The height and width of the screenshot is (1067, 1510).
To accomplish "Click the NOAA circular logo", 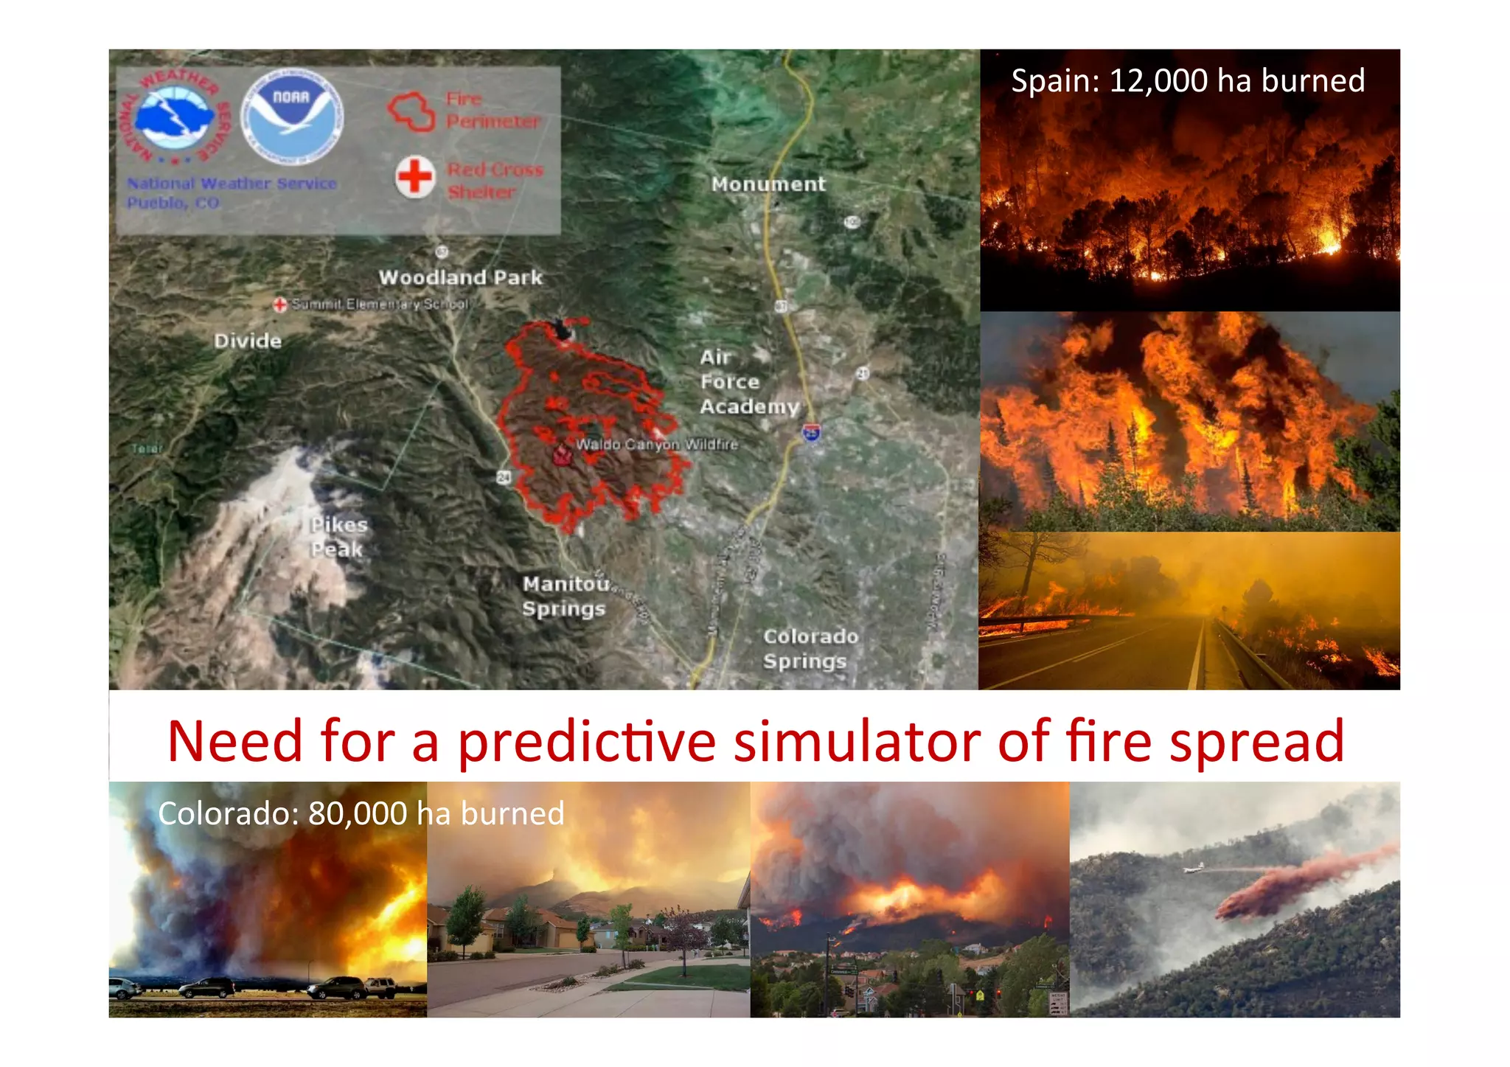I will pos(292,117).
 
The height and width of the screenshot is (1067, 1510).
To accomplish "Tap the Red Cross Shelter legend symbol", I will pos(415,177).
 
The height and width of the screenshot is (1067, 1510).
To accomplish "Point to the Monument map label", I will pos(768,184).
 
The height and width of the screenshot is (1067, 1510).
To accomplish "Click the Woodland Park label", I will pos(460,278).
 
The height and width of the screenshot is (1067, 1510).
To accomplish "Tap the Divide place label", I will pos(248,341).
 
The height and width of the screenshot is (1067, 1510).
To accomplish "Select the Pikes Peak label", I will pos(338,537).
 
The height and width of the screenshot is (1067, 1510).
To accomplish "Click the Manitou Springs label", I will pos(565,596).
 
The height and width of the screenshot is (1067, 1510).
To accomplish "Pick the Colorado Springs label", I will pos(810,649).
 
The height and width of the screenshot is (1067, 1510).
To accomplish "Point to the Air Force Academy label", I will pos(748,382).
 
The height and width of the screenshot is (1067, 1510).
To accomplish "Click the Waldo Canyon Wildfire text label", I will pos(656,445).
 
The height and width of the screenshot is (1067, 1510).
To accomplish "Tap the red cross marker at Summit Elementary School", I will pos(279,305).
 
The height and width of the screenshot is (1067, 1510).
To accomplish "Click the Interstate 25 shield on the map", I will pos(811,433).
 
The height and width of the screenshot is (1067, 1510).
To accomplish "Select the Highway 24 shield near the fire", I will pos(504,477).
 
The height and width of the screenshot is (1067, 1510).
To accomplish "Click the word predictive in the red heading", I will pos(587,743).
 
